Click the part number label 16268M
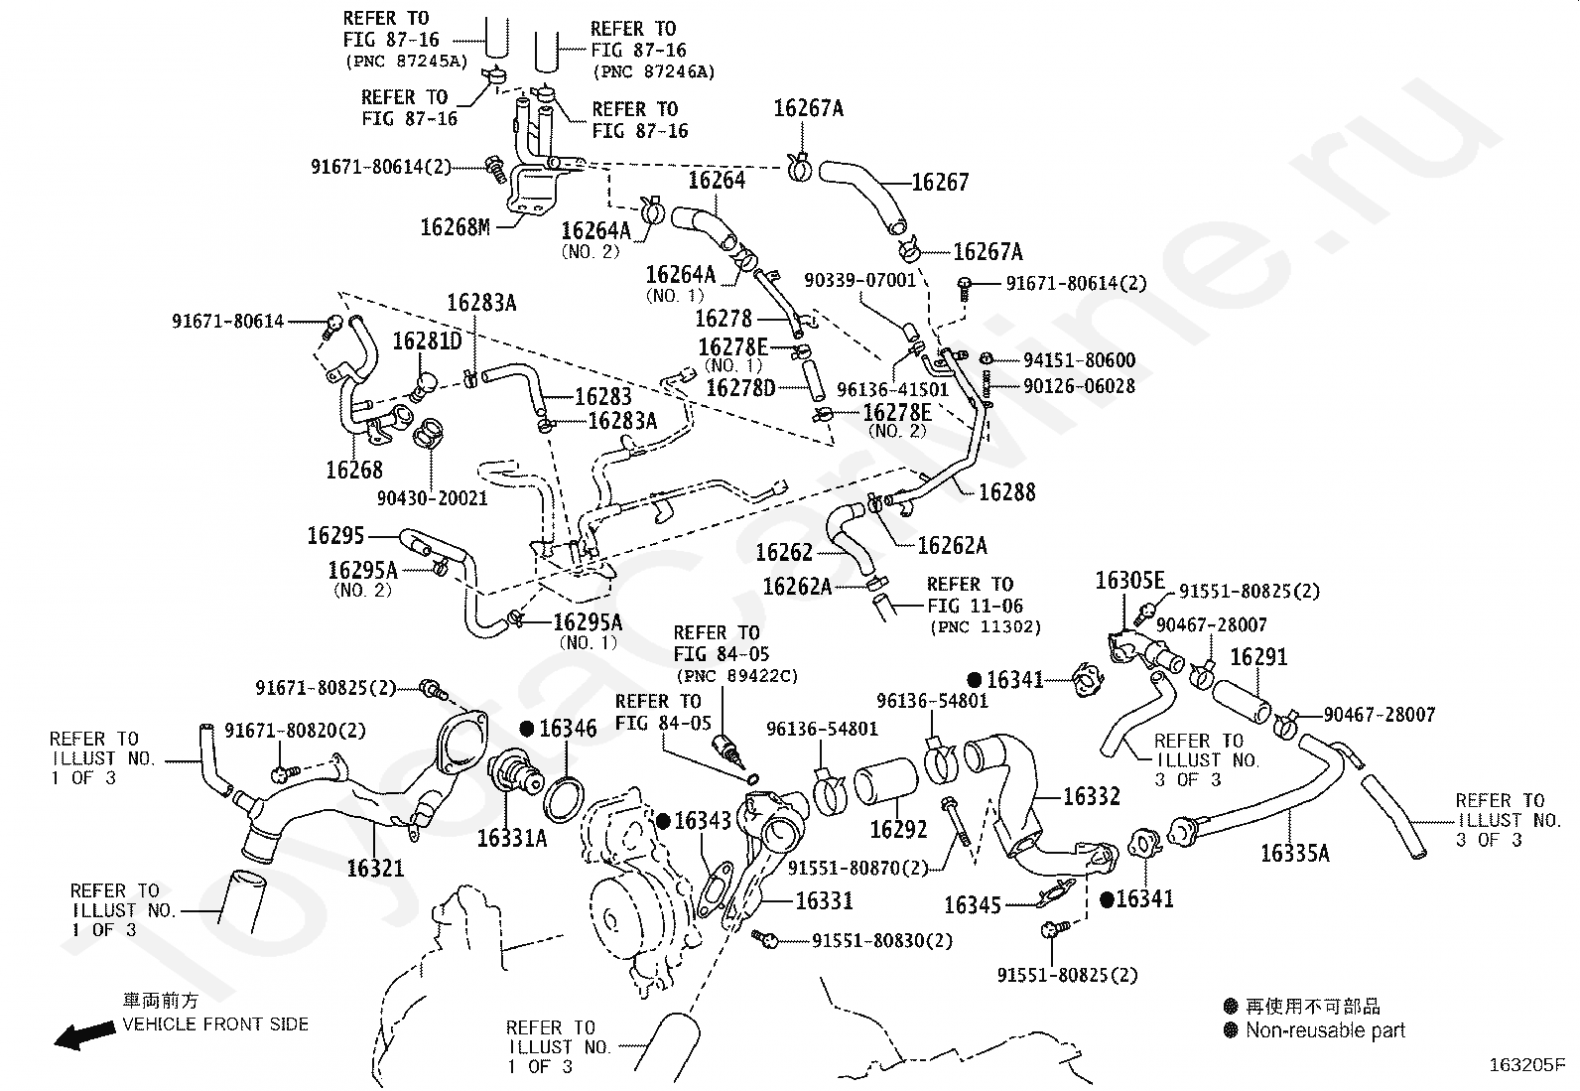pos(456,227)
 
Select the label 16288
pos(1006,491)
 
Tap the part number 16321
pos(375,869)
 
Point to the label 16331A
pos(511,838)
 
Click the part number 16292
pos(898,829)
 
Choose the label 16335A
pos(1294,853)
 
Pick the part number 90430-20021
pos(433,497)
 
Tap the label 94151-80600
pos(1066,360)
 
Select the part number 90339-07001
pos(860,281)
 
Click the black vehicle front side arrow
pos(82,1036)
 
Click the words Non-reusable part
pos(1325,1030)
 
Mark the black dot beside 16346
pos(527,729)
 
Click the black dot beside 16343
pos(663,821)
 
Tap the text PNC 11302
pos(986,627)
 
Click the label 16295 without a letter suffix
pos(336,536)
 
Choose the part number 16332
pos(1091,796)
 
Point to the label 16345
pos(973,904)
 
